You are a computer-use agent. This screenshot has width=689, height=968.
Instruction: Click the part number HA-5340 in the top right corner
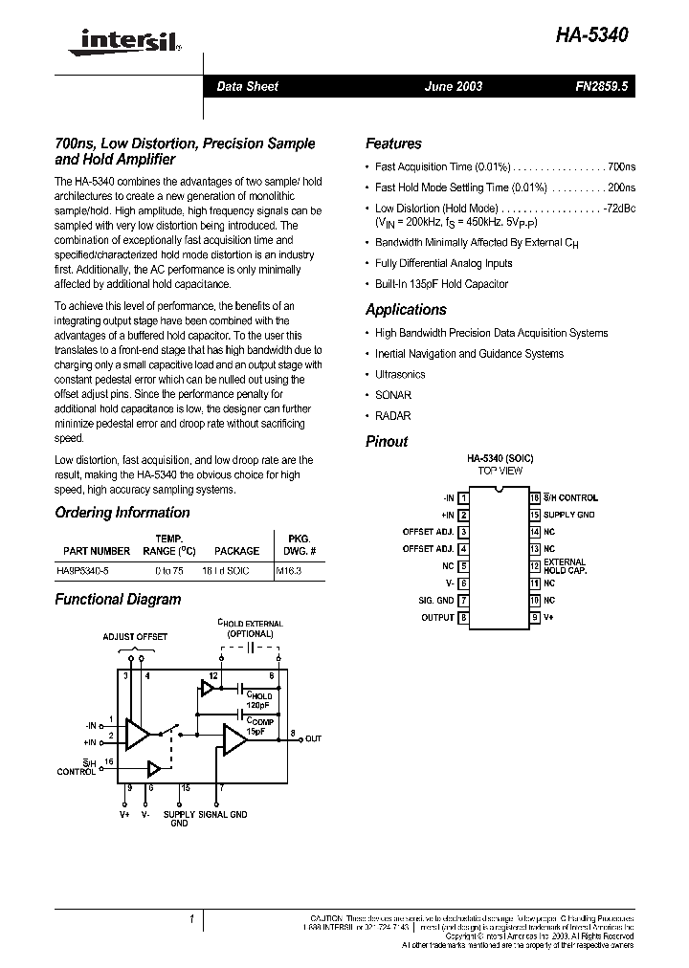(593, 35)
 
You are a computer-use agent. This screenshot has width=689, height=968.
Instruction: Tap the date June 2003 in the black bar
(454, 86)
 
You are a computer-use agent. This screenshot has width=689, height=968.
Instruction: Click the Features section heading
(393, 143)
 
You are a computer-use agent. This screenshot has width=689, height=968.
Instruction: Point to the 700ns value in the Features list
(621, 166)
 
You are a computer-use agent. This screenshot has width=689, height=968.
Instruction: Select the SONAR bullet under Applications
(393, 395)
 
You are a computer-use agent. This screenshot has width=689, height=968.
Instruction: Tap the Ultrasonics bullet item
(400, 375)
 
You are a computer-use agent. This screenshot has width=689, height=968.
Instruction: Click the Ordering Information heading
(122, 513)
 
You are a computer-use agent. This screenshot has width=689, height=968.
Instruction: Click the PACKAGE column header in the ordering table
(236, 551)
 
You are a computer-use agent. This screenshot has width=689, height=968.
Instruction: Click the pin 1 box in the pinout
(464, 497)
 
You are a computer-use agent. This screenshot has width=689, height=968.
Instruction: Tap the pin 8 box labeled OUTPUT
(464, 618)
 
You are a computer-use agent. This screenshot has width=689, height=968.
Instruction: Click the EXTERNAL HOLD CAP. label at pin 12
(565, 566)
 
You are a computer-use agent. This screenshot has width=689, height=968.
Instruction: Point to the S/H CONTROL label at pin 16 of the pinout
(571, 497)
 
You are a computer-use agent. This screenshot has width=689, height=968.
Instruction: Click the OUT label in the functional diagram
(313, 739)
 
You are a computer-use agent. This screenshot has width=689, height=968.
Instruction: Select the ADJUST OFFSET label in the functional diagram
(135, 636)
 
